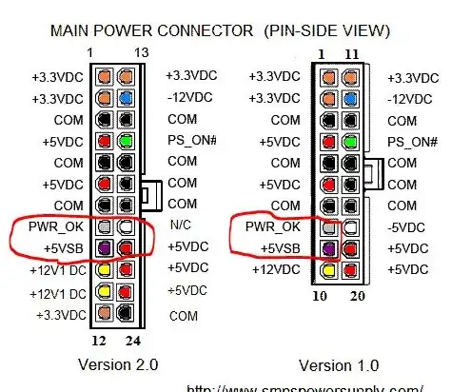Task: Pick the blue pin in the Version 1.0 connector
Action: click(351, 98)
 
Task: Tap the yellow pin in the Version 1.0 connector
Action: click(329, 270)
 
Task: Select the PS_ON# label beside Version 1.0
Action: click(412, 141)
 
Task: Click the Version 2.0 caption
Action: click(118, 364)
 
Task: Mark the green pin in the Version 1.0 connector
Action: click(351, 141)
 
